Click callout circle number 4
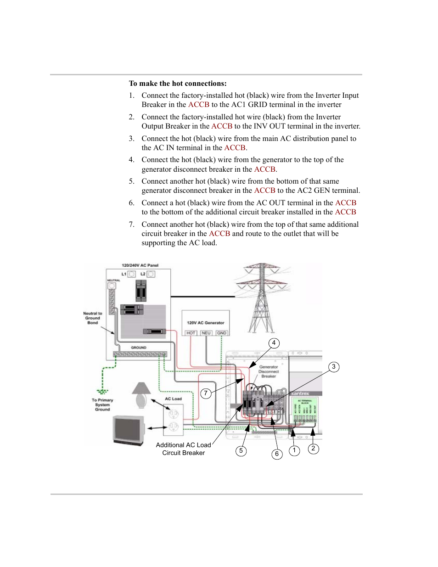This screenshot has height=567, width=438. click(x=274, y=343)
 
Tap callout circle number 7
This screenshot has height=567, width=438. click(x=206, y=393)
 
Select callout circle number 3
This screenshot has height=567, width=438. click(x=334, y=367)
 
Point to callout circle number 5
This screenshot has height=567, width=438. click(x=241, y=451)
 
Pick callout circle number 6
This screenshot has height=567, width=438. click(x=276, y=454)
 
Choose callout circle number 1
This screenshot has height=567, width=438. click(x=294, y=450)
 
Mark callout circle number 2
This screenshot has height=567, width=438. click(x=313, y=449)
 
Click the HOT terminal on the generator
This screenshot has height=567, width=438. click(x=191, y=333)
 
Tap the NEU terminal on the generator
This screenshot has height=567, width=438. click(x=206, y=333)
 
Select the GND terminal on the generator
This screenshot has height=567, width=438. click(x=222, y=333)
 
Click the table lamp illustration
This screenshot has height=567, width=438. click(x=141, y=395)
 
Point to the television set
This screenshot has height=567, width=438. click(x=129, y=431)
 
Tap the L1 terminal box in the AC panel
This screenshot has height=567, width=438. click(x=131, y=274)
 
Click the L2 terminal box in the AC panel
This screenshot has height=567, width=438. click(x=151, y=274)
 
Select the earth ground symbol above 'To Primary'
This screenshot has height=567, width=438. click(x=103, y=392)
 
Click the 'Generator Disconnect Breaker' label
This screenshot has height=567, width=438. click(x=269, y=371)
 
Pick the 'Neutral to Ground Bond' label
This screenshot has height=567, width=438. click(x=93, y=318)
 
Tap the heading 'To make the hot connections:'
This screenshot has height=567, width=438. click(x=178, y=84)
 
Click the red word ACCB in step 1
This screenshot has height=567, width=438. click(x=199, y=105)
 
